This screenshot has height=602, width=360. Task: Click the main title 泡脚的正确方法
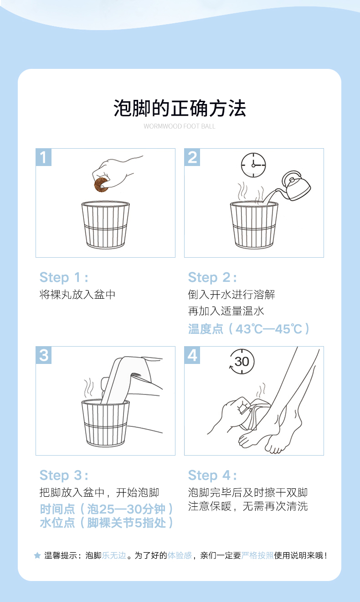tap(180, 108)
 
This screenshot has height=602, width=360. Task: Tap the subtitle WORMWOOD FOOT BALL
tap(180, 126)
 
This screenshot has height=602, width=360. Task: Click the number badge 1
tap(43, 157)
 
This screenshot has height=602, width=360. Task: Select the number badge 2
tap(192, 157)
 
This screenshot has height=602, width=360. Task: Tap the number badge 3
tap(43, 355)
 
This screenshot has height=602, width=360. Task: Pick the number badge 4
tap(192, 355)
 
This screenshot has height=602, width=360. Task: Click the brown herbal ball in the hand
tap(102, 185)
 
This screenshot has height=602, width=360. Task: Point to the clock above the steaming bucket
tap(253, 165)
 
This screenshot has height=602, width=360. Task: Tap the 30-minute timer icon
tap(242, 362)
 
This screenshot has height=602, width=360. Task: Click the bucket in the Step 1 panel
tap(106, 225)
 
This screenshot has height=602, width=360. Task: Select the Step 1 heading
tap(64, 277)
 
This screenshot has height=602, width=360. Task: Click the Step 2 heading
tap(212, 277)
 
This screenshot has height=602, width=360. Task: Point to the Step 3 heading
tap(64, 475)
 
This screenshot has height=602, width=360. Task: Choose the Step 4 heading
tap(212, 475)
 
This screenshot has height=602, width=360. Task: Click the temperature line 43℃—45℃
tap(249, 329)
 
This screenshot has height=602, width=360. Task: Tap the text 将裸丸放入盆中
tap(77, 295)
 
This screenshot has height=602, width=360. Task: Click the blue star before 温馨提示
tap(37, 555)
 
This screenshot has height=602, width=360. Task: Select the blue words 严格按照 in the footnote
tap(257, 555)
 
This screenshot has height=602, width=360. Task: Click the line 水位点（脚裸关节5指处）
tap(107, 523)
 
